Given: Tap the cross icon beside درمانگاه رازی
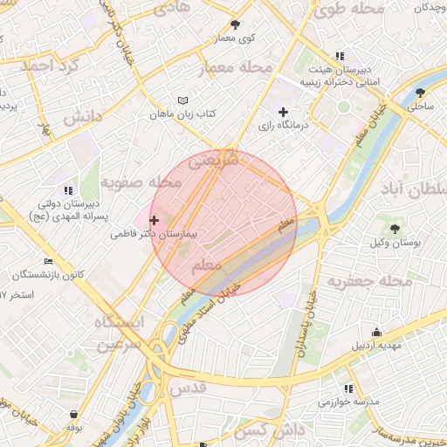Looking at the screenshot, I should pyautogui.click(x=284, y=112).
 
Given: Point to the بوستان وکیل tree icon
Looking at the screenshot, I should pyautogui.click(x=395, y=228).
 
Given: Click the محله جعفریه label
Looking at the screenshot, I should pyautogui.click(x=369, y=281).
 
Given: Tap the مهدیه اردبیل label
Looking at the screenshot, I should pyautogui.click(x=376, y=345).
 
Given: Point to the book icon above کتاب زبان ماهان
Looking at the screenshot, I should pyautogui.click(x=182, y=101).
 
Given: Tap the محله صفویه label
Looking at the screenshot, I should pyautogui.click(x=141, y=182).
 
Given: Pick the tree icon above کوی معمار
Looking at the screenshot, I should pyautogui.click(x=235, y=24).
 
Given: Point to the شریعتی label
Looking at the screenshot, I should pyautogui.click(x=214, y=160).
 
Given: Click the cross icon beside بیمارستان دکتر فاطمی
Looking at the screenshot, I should pyautogui.click(x=155, y=220).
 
